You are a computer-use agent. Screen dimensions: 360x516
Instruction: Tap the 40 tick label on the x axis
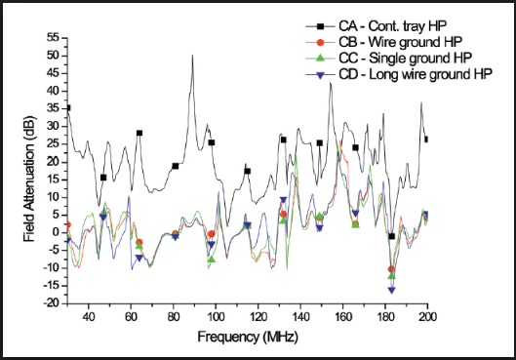coord(88,317)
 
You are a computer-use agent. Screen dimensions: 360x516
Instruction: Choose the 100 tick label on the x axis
coord(216,317)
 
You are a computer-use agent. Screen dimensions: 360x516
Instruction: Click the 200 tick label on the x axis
coord(427,317)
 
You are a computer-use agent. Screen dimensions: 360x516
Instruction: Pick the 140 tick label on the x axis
coord(300,317)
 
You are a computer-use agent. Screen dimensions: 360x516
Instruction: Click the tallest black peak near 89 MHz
coord(193,56)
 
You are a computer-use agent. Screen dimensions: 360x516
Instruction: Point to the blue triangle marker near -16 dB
coord(392,290)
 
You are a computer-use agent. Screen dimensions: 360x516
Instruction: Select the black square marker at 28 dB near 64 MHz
coord(139,133)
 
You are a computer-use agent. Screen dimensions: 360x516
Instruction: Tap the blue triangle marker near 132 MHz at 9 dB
coord(284,200)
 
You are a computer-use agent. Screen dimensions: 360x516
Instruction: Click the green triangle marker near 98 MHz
coord(211,260)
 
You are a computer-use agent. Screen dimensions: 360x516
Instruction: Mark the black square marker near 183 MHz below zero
coord(392,236)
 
